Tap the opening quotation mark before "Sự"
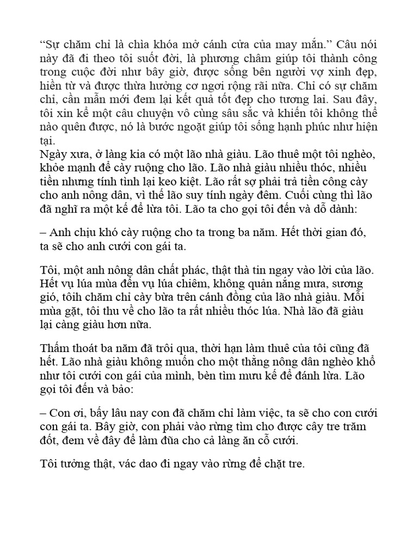click(42, 44)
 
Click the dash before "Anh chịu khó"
click(44, 232)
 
